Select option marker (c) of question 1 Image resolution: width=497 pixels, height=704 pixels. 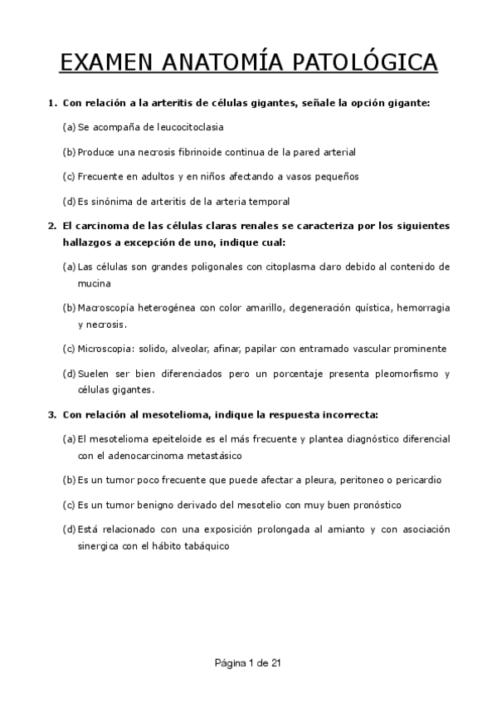coord(69,177)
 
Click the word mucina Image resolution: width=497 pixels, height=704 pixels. coord(95,283)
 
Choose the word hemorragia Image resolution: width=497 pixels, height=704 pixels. coord(422,307)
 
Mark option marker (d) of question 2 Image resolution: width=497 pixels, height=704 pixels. coord(69,373)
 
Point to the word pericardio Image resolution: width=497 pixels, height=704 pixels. coord(412,480)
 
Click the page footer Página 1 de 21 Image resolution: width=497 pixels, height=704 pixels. coord(248,662)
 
